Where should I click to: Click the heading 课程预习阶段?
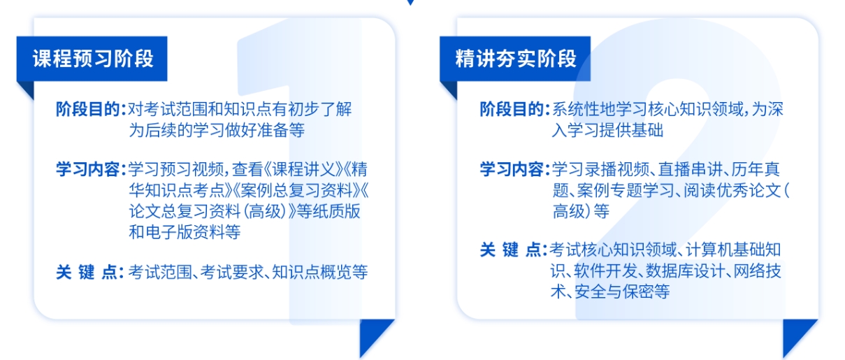pyautogui.click(x=93, y=59)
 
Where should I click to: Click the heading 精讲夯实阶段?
pyautogui.click(x=516, y=59)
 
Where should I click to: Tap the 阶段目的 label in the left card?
pyautogui.click(x=88, y=110)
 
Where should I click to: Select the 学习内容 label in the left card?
pyautogui.click(x=88, y=169)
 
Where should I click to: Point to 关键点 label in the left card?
pyautogui.click(x=87, y=272)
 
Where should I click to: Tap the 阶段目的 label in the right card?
pyautogui.click(x=512, y=110)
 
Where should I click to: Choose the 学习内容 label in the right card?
pyautogui.click(x=512, y=169)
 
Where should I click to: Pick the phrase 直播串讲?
pyautogui.click(x=690, y=169)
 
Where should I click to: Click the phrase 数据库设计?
pyautogui.click(x=686, y=271)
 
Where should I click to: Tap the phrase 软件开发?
pyautogui.click(x=605, y=271)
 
